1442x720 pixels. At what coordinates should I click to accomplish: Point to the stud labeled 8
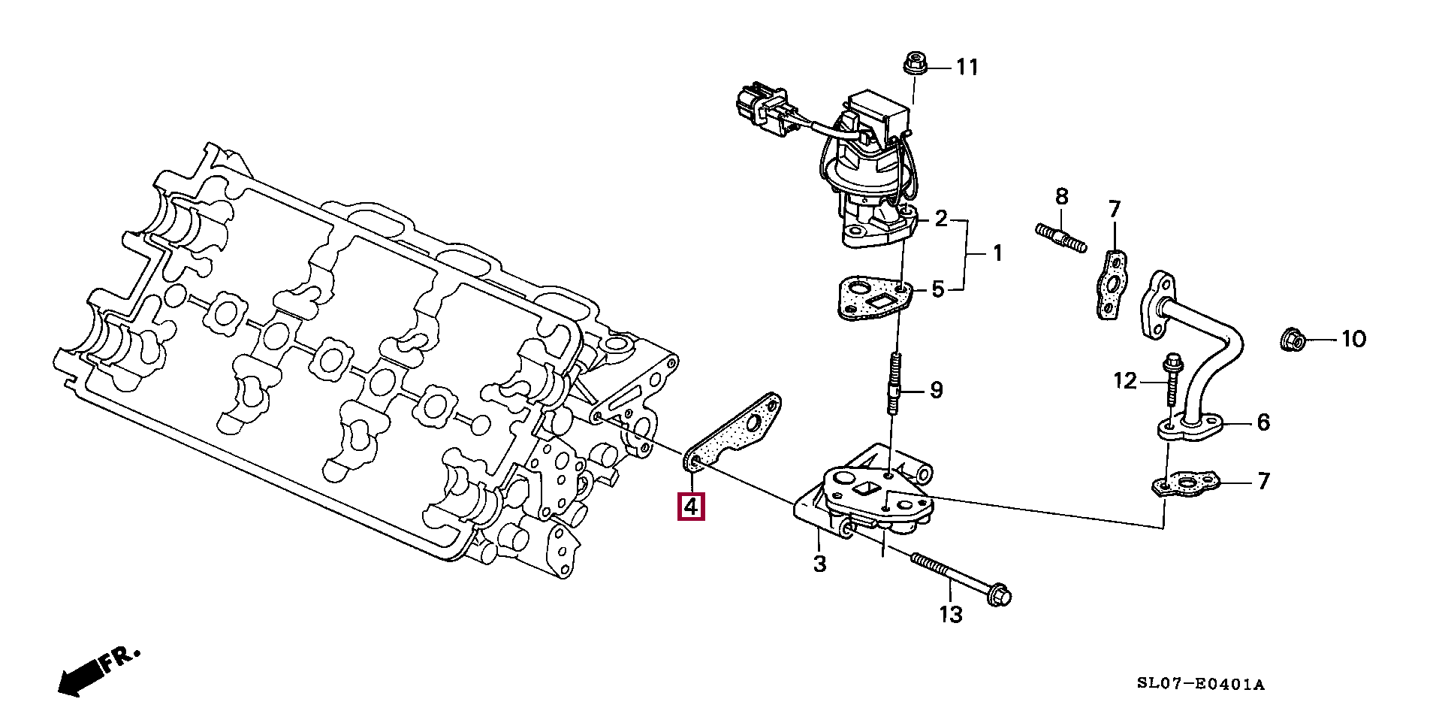pyautogui.click(x=1060, y=237)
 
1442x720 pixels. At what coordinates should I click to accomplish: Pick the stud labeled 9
pyautogui.click(x=895, y=383)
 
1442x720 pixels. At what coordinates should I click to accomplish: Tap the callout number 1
pyautogui.click(x=997, y=254)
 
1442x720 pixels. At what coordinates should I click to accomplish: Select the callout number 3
pyautogui.click(x=819, y=564)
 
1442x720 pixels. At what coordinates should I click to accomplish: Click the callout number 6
pyautogui.click(x=1263, y=422)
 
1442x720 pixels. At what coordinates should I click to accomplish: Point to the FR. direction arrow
pyautogui.click(x=98, y=669)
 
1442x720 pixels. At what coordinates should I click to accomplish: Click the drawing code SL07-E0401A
pyautogui.click(x=1200, y=685)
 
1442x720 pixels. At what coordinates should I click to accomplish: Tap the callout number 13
pyautogui.click(x=950, y=615)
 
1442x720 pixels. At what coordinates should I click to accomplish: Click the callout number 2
pyautogui.click(x=940, y=219)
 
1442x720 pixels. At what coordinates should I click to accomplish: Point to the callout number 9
pyautogui.click(x=936, y=390)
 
